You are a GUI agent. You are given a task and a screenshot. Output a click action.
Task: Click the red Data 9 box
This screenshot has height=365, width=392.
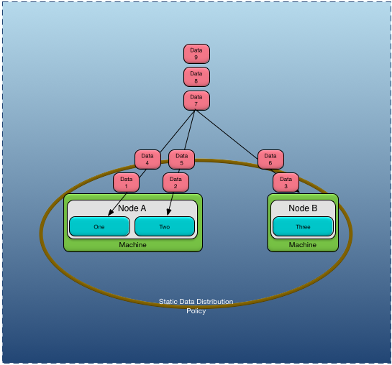196,54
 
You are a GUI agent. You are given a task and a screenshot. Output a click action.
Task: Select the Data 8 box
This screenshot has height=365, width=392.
196,77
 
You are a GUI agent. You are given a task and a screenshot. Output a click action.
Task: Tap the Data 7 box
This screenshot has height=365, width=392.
196,101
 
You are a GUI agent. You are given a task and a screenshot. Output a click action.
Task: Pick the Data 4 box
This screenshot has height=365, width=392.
147,159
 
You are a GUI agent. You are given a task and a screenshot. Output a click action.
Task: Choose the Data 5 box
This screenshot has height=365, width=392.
181,159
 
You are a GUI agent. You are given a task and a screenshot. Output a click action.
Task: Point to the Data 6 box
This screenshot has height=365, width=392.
270,159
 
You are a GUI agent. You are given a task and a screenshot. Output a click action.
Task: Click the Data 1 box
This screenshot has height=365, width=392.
126,182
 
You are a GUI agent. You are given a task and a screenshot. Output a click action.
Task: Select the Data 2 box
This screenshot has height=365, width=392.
176,182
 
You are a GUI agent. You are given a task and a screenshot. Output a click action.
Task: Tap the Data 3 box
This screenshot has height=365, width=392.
286,182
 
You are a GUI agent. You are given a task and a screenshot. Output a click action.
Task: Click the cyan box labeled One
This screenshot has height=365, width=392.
99,226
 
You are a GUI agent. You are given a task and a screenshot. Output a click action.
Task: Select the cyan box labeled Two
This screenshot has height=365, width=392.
165,226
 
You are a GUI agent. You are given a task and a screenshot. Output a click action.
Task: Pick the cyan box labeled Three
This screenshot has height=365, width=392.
303,226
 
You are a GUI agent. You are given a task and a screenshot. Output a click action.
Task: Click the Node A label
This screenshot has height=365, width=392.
132,208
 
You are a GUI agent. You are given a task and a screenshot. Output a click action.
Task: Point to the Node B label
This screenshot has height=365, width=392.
303,208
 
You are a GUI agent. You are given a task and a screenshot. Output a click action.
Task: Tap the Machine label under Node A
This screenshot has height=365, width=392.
132,245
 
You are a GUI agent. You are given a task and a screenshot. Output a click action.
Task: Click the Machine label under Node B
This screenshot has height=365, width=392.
302,245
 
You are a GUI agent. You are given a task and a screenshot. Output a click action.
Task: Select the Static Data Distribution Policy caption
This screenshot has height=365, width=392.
196,306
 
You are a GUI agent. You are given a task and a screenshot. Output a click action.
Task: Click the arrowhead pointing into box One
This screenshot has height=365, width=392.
109,213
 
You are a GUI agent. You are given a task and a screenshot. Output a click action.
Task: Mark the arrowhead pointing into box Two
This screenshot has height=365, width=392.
169,213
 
